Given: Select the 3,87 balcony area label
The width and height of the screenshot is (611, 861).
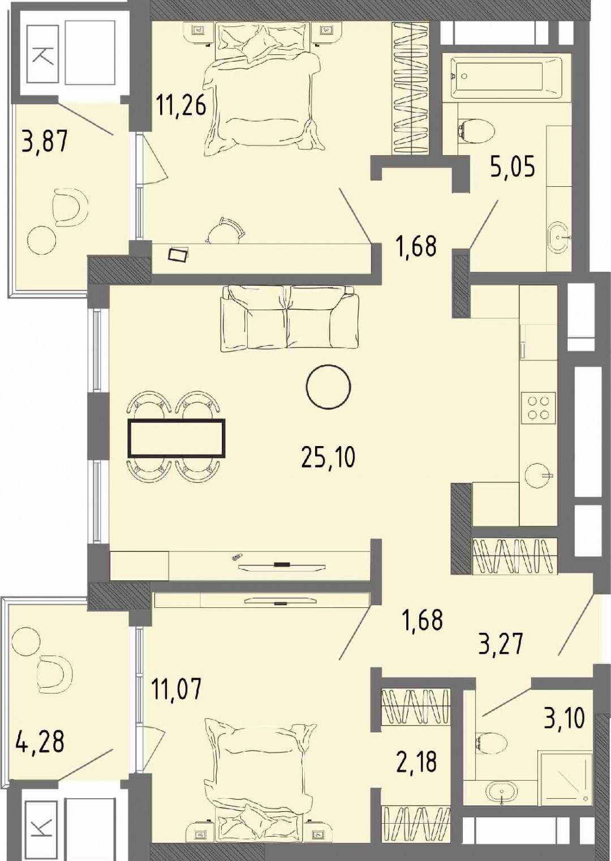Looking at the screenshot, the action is pyautogui.click(x=45, y=141).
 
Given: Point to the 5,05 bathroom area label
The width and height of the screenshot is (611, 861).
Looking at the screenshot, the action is pyautogui.click(x=512, y=167).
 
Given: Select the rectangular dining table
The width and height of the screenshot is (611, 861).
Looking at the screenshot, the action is pyautogui.click(x=177, y=438).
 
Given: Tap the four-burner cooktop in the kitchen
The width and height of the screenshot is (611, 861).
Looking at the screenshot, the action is pyautogui.click(x=537, y=408).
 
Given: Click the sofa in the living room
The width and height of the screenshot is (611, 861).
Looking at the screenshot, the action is pyautogui.click(x=290, y=318).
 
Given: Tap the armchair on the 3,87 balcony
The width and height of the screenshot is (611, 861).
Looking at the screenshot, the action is pyautogui.click(x=72, y=207).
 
